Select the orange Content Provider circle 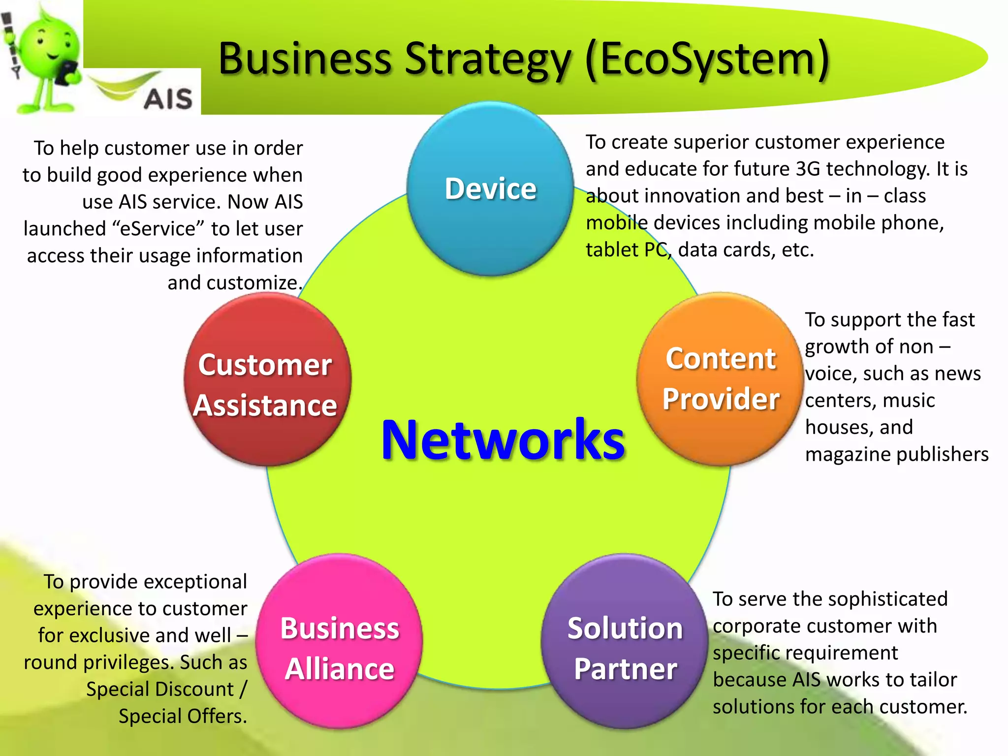tap(720, 378)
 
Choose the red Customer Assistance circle tap(267, 379)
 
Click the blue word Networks tap(503, 440)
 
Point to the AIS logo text tap(168, 98)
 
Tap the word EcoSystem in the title tap(708, 59)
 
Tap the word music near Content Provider tap(909, 400)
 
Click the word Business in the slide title tap(305, 59)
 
